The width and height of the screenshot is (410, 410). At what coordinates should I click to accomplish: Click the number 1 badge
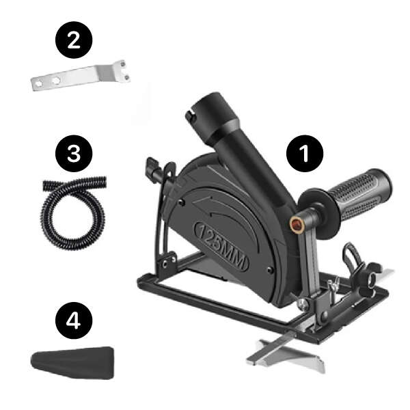[x=305, y=154]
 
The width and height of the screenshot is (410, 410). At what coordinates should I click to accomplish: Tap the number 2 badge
[x=74, y=40]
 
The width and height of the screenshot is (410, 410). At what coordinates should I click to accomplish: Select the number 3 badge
[x=74, y=154]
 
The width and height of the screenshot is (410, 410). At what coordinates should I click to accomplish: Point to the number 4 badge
[x=74, y=320]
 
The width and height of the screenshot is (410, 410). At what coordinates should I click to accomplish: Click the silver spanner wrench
[x=80, y=76]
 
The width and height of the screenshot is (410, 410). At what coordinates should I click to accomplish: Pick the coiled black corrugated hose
[x=74, y=212]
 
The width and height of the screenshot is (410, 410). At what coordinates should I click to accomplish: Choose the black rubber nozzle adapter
[x=72, y=362]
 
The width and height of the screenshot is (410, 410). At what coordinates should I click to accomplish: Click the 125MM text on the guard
[x=221, y=246]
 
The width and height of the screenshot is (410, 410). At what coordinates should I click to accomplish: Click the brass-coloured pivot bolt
[x=296, y=224]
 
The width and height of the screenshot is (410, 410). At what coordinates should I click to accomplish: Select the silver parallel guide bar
[x=286, y=353]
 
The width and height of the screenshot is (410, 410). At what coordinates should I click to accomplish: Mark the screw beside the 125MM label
[x=270, y=270]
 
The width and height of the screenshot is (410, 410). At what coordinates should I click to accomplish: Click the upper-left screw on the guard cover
[x=182, y=202]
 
